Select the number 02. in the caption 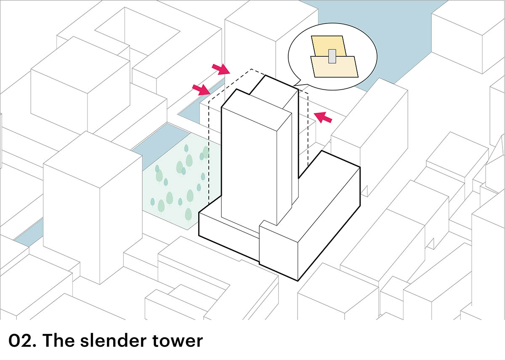pyautogui.click(x=21, y=341)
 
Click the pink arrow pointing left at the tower pyautogui.click(x=323, y=117)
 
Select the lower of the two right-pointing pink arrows pyautogui.click(x=201, y=89)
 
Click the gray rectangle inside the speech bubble pyautogui.click(x=332, y=56)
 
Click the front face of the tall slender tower pyautogui.click(x=248, y=164)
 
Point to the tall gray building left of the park pyautogui.click(x=93, y=211)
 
